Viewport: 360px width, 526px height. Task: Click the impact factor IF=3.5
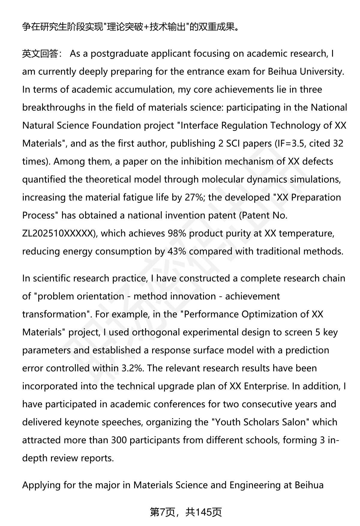click(288, 144)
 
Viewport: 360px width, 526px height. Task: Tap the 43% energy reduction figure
click(177, 251)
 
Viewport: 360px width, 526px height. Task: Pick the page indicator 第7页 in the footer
click(162, 512)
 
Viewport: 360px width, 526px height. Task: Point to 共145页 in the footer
click(203, 512)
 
